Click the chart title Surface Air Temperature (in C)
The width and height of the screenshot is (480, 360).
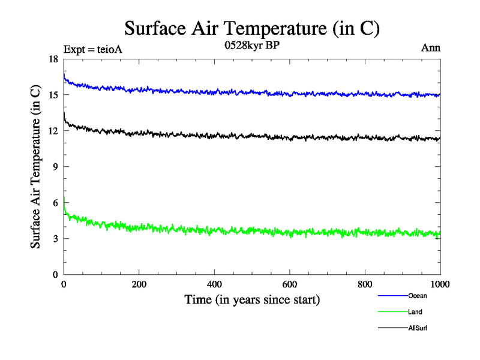[252, 28]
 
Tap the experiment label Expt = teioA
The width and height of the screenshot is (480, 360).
[92, 49]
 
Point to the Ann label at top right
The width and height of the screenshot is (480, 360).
[431, 47]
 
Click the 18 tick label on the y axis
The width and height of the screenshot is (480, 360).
[54, 59]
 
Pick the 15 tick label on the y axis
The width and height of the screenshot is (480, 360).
[54, 95]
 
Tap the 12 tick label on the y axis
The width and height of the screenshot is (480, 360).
[54, 131]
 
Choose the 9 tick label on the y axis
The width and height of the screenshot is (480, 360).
[56, 167]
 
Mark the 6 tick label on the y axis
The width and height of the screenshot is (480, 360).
[56, 203]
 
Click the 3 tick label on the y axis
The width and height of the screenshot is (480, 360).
[56, 239]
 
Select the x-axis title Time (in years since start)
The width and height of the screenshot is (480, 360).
[251, 299]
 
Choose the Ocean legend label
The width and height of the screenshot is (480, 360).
[418, 296]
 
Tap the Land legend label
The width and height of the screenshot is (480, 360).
[416, 312]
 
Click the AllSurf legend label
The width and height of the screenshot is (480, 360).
[418, 328]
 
